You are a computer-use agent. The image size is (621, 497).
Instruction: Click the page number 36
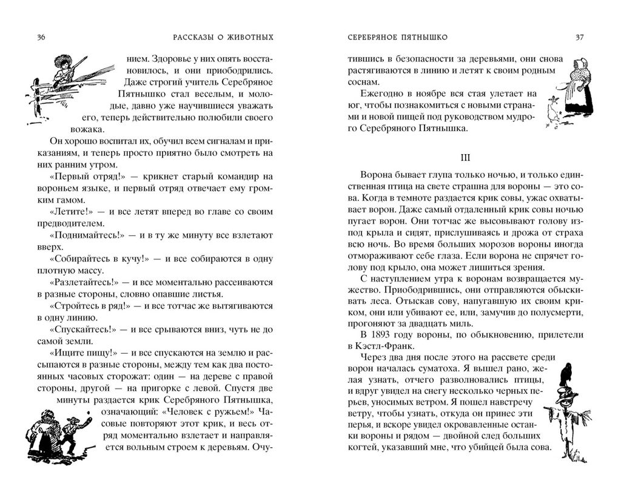(x=41, y=38)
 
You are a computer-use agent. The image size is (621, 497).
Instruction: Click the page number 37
(x=579, y=38)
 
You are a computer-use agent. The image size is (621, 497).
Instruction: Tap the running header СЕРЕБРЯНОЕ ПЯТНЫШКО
(x=397, y=38)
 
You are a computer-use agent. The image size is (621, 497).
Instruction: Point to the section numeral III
(x=465, y=158)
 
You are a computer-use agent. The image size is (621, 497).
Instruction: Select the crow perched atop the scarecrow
(x=567, y=373)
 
